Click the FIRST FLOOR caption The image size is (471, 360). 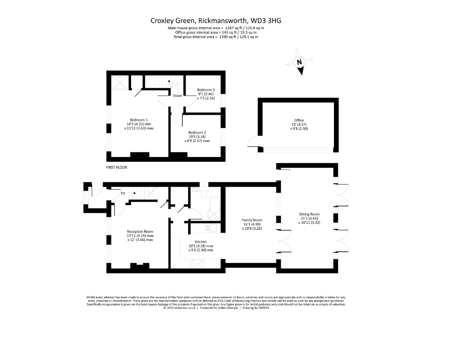coord(116,167)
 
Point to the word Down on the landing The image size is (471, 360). coord(178,95)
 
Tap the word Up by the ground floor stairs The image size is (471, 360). coord(123,194)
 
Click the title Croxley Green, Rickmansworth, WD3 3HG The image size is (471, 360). coord(216,20)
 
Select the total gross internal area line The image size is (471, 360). coord(216,37)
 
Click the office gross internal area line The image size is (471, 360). coord(216,32)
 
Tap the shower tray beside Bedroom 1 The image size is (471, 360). coord(119,82)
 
